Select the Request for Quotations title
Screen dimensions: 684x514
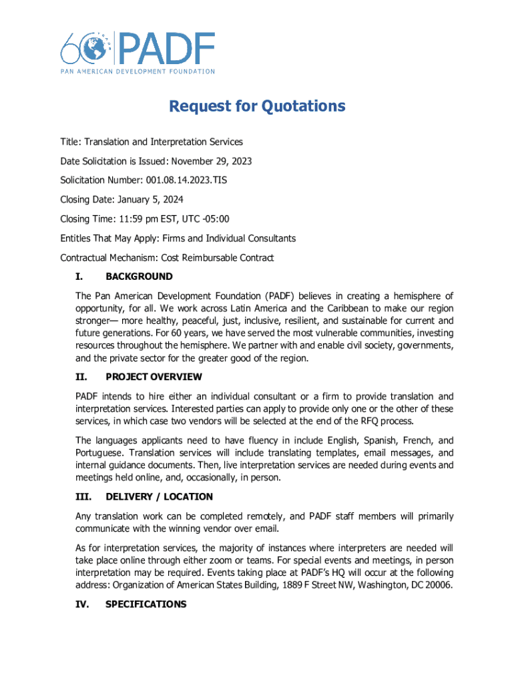pos(257,106)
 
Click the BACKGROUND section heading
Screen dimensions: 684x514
pos(139,277)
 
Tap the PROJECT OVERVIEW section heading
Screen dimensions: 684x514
pos(154,377)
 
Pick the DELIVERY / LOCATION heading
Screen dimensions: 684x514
pos(159,497)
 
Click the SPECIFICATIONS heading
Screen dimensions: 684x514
pos(146,605)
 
